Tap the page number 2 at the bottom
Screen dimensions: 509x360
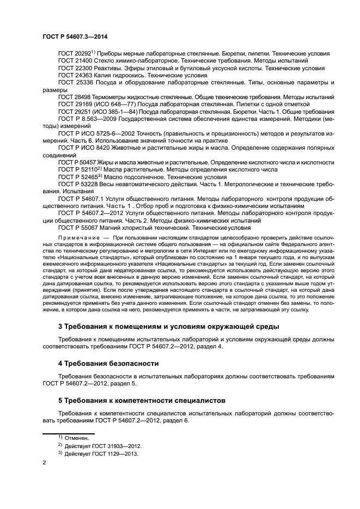(x=44, y=462)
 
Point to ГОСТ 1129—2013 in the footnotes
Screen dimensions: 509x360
(x=109, y=453)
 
